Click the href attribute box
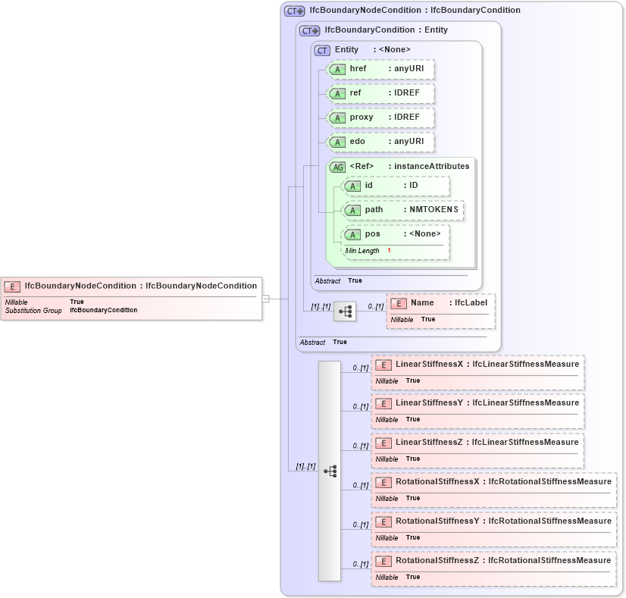pos(380,69)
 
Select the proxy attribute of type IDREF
pos(380,117)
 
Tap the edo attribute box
pos(380,142)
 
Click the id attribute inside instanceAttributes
pos(396,186)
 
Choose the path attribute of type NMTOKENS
pos(403,210)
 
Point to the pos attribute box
pos(396,234)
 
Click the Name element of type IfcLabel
pos(440,303)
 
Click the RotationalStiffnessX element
pos(493,482)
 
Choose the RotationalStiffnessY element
pos(493,521)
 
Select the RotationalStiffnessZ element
pos(493,561)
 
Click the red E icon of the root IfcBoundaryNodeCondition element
pos(12,286)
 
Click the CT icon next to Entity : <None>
pos(323,50)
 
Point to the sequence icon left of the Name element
pos(345,311)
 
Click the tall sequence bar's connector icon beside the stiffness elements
pos(330,471)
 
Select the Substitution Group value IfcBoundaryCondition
pos(104,311)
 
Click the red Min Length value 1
pos(390,251)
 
